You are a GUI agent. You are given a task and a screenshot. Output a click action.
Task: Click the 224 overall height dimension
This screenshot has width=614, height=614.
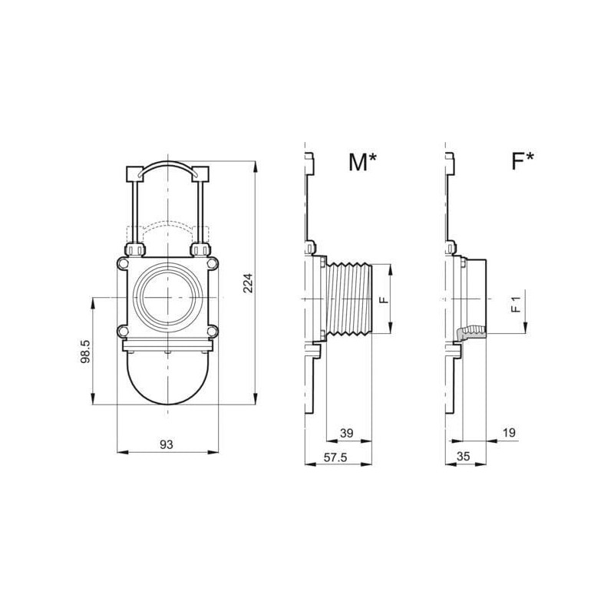pyautogui.click(x=248, y=283)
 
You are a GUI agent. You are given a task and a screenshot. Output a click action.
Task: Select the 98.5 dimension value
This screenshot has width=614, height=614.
pyautogui.click(x=85, y=352)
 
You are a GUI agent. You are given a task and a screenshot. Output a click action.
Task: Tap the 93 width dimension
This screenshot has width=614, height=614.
pyautogui.click(x=167, y=444)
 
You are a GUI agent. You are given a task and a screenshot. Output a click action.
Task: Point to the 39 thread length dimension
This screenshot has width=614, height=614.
pyautogui.click(x=347, y=433)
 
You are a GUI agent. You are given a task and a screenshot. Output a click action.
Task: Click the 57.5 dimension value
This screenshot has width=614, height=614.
pyautogui.click(x=335, y=457)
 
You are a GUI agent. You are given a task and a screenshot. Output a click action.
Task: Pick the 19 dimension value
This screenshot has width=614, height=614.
pyautogui.click(x=509, y=433)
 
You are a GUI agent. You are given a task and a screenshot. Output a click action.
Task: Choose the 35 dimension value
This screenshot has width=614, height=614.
pyautogui.click(x=463, y=457)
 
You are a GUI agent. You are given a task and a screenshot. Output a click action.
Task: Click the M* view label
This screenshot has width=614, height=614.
pyautogui.click(x=362, y=161)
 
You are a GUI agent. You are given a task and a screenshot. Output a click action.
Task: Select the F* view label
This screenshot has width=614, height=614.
pyautogui.click(x=523, y=160)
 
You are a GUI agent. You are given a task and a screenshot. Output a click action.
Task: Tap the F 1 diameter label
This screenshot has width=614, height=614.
pyautogui.click(x=517, y=304)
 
